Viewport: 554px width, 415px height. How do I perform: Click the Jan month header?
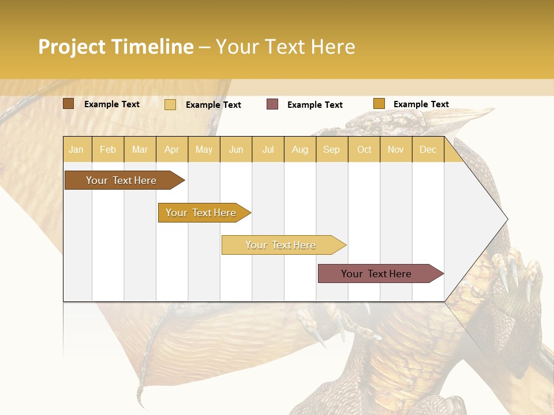(76, 149)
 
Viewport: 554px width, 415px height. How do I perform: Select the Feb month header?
(108, 149)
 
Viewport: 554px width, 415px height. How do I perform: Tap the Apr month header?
(171, 149)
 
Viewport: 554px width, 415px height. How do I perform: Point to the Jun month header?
(236, 149)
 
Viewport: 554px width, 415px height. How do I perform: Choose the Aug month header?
(300, 149)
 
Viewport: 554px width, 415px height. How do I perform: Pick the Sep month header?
(331, 149)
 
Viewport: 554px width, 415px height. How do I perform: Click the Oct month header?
(364, 149)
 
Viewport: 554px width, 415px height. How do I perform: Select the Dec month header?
(428, 149)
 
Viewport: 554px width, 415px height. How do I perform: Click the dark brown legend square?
(68, 104)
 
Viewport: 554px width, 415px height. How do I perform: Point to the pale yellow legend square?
(170, 104)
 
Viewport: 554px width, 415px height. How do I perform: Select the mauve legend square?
(272, 104)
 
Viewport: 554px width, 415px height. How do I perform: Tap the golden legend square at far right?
(379, 104)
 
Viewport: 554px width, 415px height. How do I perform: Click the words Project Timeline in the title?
(115, 47)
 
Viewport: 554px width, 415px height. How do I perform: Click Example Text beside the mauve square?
(315, 105)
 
